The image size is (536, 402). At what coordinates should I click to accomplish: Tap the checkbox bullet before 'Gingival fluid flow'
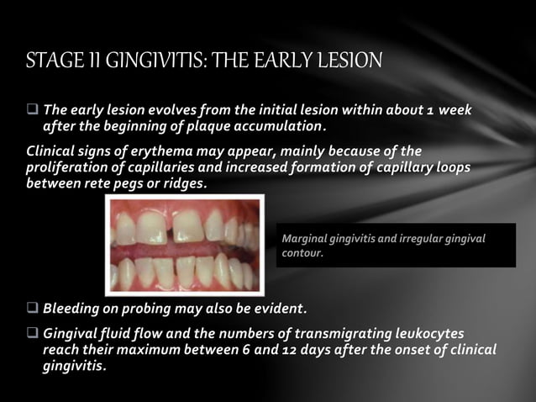click(x=33, y=334)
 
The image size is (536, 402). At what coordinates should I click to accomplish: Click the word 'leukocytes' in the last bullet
click(x=425, y=334)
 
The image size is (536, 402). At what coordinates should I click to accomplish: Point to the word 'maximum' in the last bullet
click(x=159, y=349)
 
